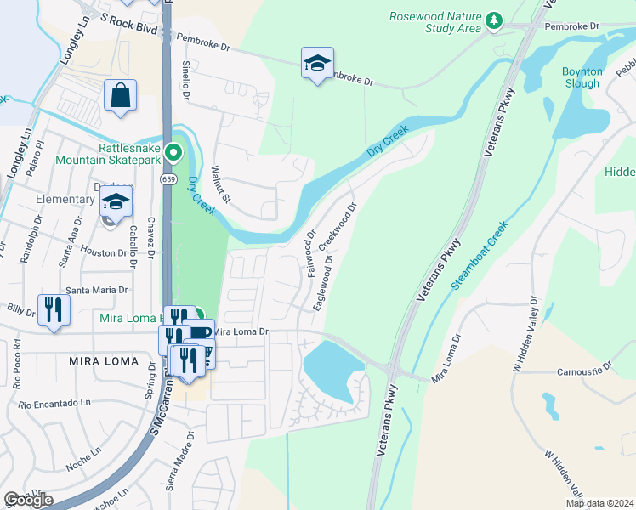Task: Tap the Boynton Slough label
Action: coord(582,77)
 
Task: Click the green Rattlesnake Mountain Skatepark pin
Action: coord(173,154)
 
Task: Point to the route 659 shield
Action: coord(169,179)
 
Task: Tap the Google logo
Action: coord(28,500)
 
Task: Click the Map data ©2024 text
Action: coord(599,503)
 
